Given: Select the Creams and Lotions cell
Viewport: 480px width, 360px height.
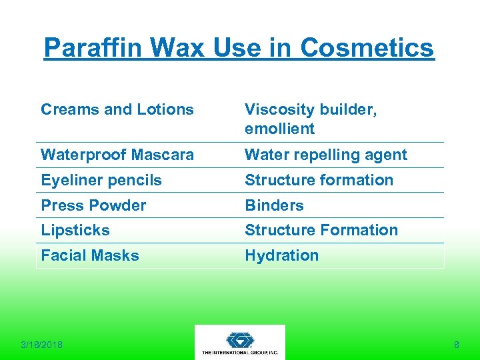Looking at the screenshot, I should (x=117, y=109).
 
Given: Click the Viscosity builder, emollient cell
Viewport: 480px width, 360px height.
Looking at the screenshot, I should (x=311, y=119).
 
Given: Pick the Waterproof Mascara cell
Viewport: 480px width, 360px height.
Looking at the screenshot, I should (x=117, y=155).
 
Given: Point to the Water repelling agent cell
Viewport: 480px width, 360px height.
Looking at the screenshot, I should (x=325, y=155).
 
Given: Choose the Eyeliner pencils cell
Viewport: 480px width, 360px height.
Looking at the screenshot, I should (x=101, y=180).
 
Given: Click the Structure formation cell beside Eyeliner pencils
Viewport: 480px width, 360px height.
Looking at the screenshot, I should (x=319, y=180).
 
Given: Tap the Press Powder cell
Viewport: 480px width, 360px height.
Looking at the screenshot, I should (x=93, y=205).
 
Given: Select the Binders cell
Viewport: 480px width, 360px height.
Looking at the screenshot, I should (x=274, y=205).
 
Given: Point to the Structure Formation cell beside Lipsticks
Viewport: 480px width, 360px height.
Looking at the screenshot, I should (x=321, y=230).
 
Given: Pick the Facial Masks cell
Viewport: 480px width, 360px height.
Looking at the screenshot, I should (x=90, y=255).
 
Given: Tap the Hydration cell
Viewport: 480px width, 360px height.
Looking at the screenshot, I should (x=281, y=255).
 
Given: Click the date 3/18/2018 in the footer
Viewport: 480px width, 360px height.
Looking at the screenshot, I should (x=41, y=345).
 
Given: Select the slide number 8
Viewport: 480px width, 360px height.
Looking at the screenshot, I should (x=456, y=345).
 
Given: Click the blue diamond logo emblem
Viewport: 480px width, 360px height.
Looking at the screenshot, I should (x=240, y=339).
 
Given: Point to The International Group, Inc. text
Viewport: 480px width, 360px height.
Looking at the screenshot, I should (x=240, y=351).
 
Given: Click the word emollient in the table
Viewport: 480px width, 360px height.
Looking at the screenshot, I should (x=279, y=129).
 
